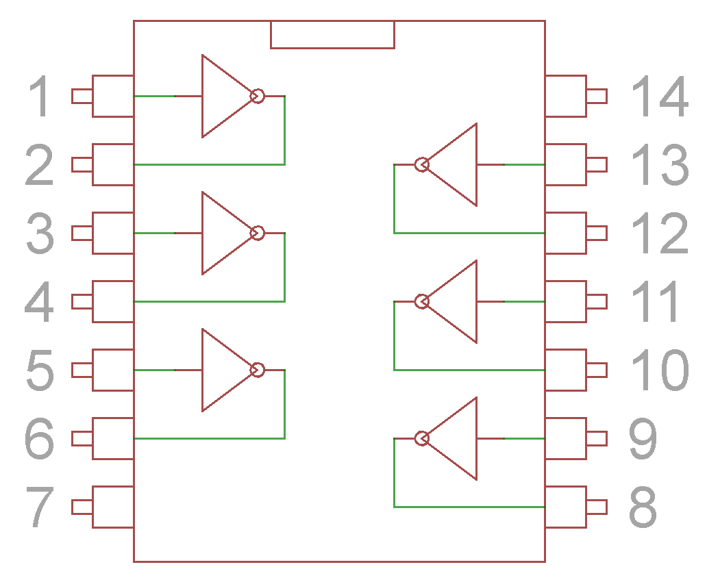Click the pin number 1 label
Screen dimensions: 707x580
point(39,96)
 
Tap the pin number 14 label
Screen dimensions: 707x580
point(660,96)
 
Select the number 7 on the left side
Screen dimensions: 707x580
point(40,507)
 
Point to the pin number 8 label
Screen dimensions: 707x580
point(643,507)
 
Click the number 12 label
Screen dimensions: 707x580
point(660,233)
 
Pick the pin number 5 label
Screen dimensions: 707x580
point(40,370)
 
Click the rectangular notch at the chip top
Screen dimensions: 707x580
point(332,34)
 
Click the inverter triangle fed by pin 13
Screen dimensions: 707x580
point(451,164)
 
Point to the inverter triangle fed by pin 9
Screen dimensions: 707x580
point(451,438)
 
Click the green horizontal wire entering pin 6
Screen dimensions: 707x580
point(209,438)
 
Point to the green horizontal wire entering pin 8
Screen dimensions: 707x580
point(469,507)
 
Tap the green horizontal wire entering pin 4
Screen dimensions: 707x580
point(209,301)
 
